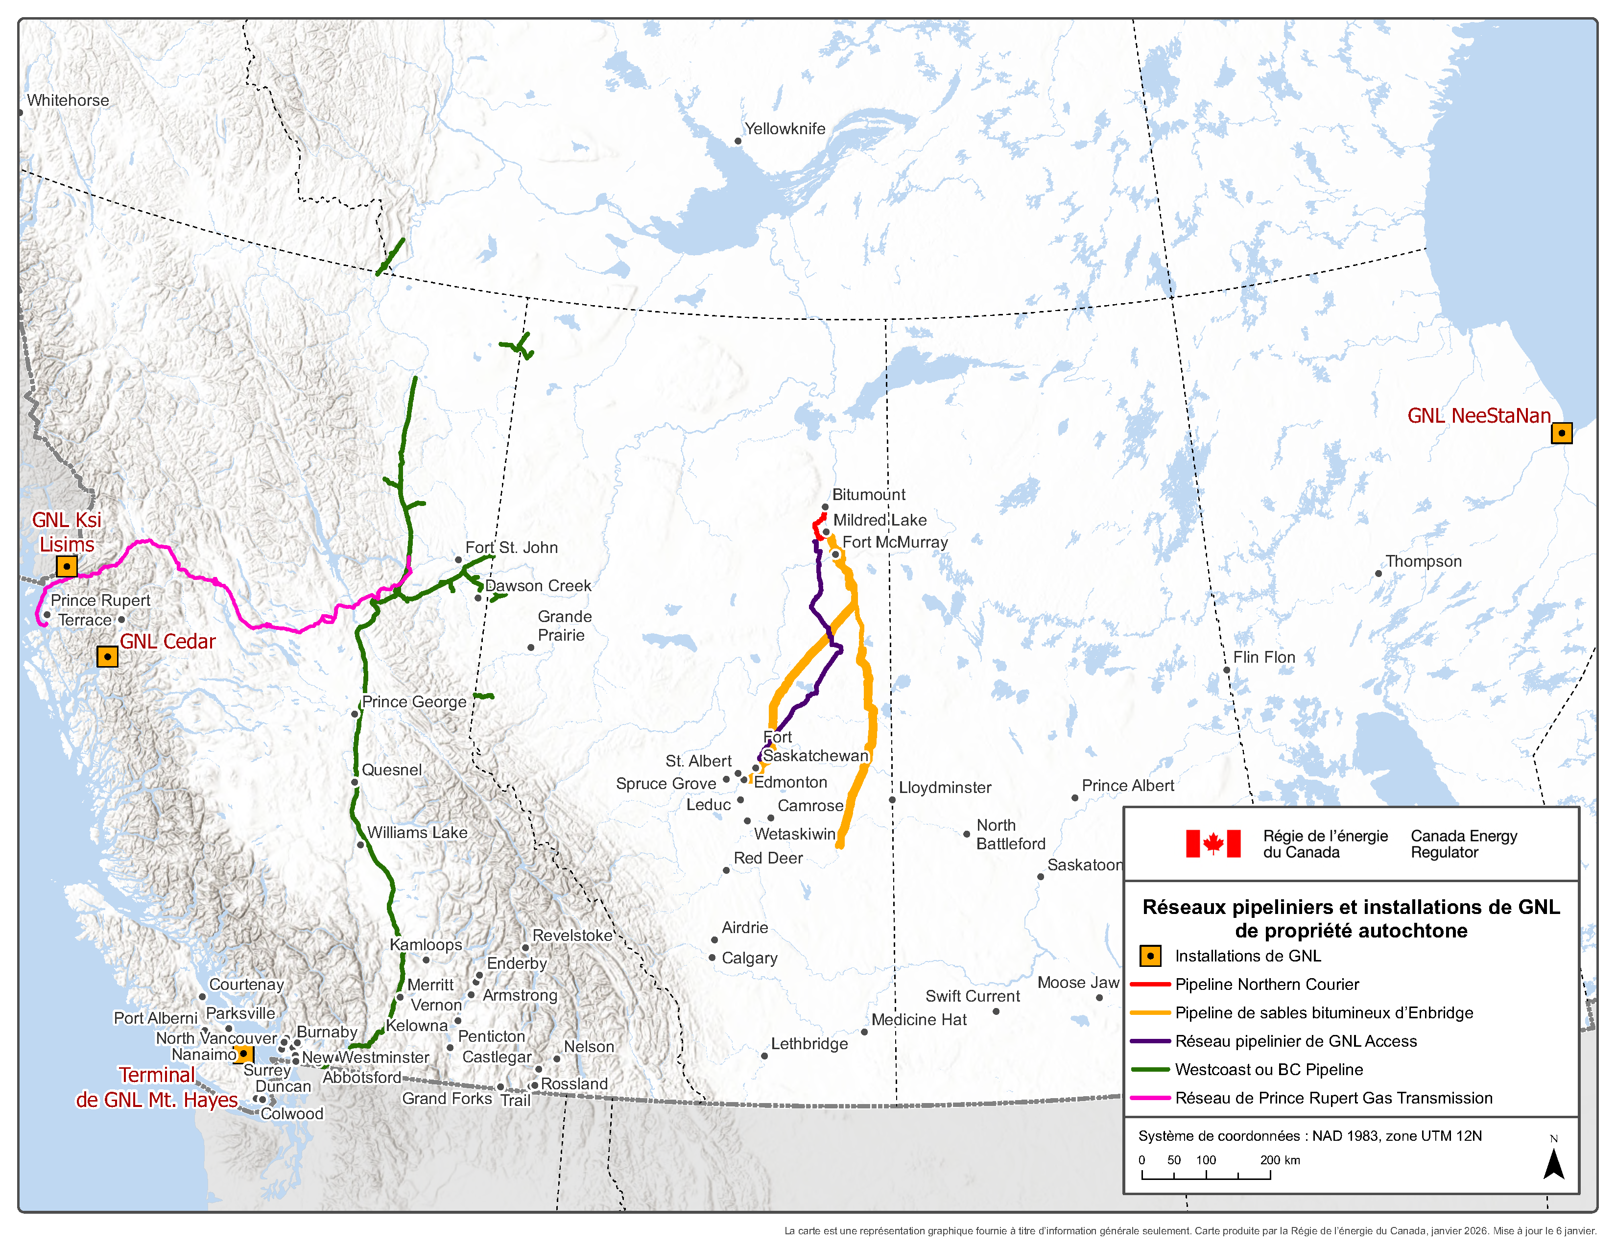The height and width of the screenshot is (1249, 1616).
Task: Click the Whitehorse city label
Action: pyautogui.click(x=68, y=100)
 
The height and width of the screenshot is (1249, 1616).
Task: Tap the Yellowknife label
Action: pyautogui.click(x=784, y=129)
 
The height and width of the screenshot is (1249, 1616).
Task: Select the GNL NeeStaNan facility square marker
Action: pyautogui.click(x=1561, y=433)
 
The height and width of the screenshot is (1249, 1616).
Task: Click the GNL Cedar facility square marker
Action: pyautogui.click(x=107, y=656)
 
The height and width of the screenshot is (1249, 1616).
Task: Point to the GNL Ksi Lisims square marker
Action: pyautogui.click(x=67, y=567)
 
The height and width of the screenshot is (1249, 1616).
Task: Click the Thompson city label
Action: pyautogui.click(x=1423, y=562)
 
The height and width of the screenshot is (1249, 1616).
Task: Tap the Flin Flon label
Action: pyautogui.click(x=1264, y=657)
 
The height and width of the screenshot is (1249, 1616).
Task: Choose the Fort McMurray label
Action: pyautogui.click(x=895, y=542)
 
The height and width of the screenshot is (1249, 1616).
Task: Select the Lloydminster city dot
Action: pyautogui.click(x=892, y=800)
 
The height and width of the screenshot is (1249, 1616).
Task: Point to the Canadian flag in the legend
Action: pyautogui.click(x=1213, y=843)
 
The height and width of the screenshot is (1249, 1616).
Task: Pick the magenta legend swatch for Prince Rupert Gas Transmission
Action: pyautogui.click(x=1150, y=1098)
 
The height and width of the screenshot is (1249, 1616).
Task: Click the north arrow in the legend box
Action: pyautogui.click(x=1553, y=1163)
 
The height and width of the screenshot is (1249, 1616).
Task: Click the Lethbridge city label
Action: pyautogui.click(x=809, y=1044)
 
